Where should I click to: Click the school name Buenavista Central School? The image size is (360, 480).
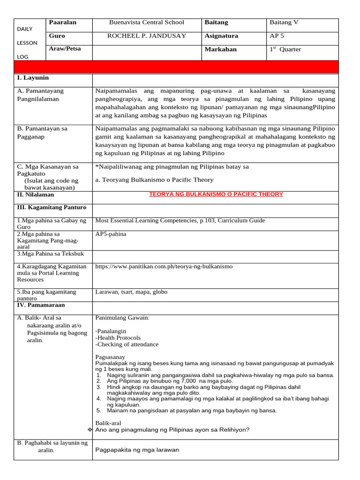pyautogui.click(x=146, y=22)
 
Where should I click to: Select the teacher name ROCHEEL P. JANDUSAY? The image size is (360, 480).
pyautogui.click(x=147, y=36)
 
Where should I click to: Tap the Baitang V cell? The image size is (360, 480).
pyautogui.click(x=284, y=22)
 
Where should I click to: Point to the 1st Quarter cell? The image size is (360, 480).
pyautogui.click(x=285, y=50)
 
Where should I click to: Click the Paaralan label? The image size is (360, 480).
pyautogui.click(x=62, y=22)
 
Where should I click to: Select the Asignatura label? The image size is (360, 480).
pyautogui.click(x=221, y=36)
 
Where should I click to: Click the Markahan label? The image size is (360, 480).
pyautogui.click(x=220, y=50)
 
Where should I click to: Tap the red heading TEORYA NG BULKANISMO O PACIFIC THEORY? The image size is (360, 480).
pyautogui.click(x=216, y=195)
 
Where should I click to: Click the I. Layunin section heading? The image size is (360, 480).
pyautogui.click(x=33, y=78)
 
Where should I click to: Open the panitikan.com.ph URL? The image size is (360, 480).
pyautogui.click(x=164, y=267)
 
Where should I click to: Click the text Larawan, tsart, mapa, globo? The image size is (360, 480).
pyautogui.click(x=131, y=292)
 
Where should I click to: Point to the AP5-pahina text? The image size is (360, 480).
pyautogui.click(x=111, y=234)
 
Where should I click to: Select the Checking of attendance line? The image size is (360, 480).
pyautogui.click(x=127, y=345)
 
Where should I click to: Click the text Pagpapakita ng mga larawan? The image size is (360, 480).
pyautogui.click(x=137, y=450)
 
